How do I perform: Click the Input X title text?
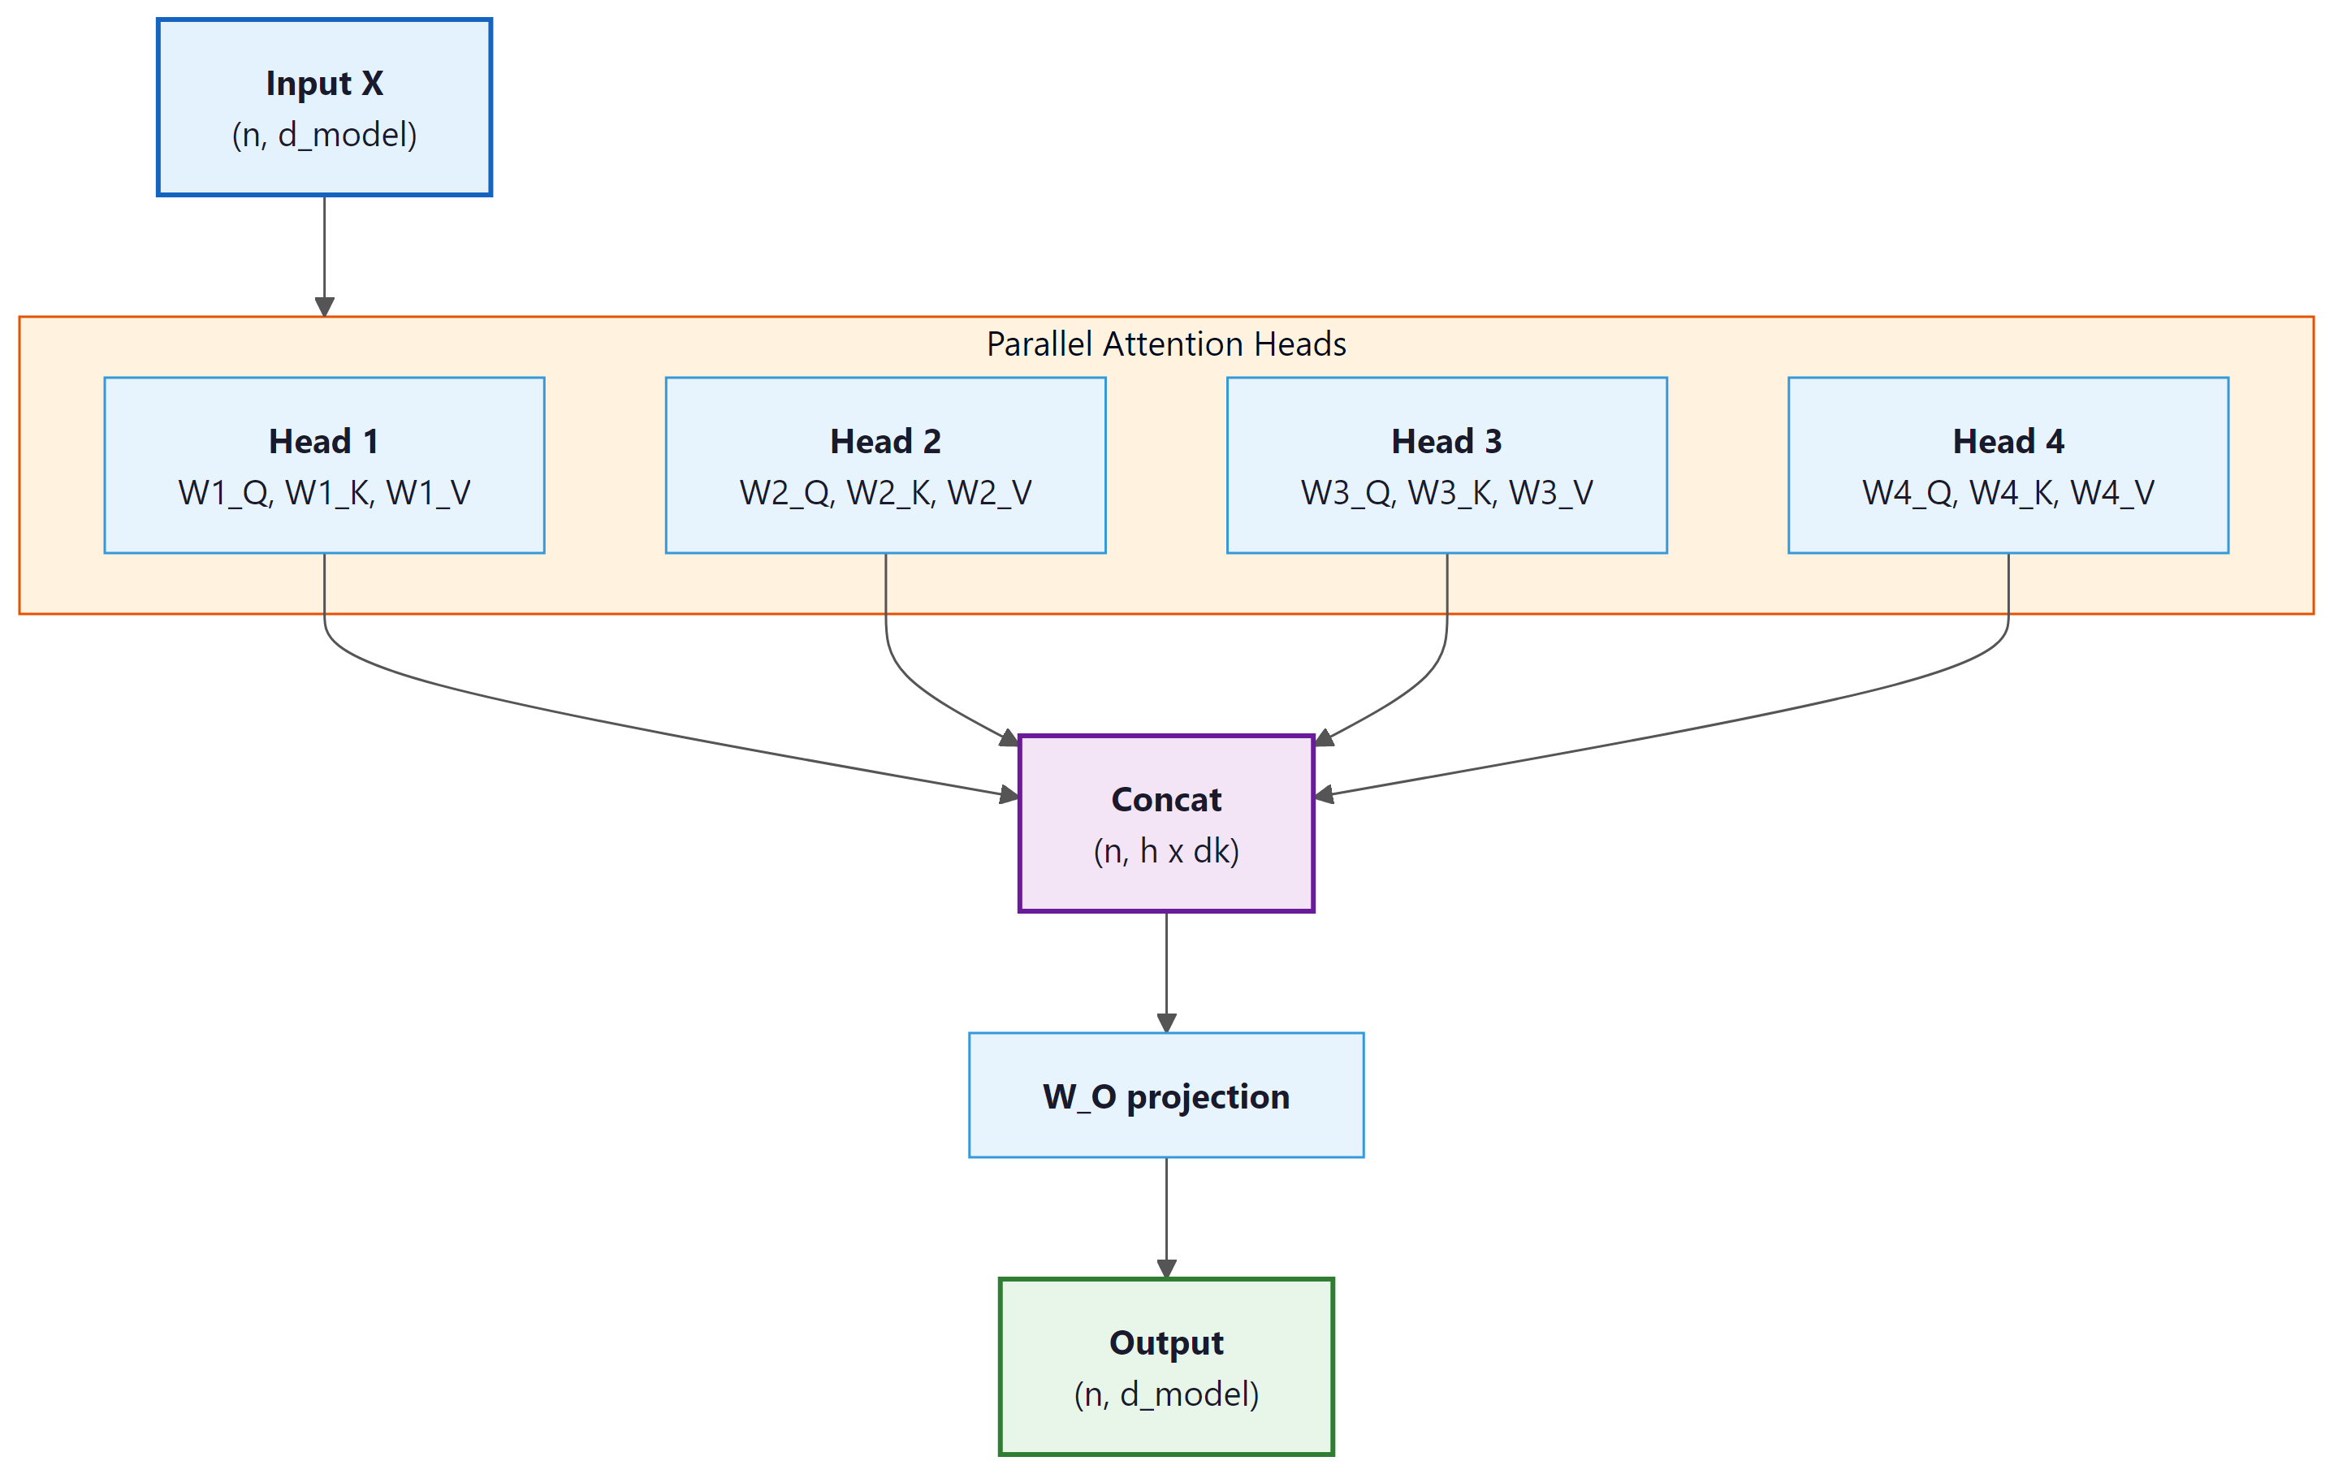click(324, 84)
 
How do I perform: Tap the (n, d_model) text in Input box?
click(324, 135)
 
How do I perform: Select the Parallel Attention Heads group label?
click(1166, 344)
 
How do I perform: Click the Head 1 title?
click(324, 442)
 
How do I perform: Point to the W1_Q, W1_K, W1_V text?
click(324, 493)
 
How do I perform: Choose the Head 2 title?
click(885, 442)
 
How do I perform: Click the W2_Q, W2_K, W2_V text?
click(885, 493)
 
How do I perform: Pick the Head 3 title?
click(1446, 442)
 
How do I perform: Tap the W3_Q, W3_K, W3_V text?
click(1446, 493)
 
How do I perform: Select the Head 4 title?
click(2008, 442)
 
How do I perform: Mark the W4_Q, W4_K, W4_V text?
click(2008, 493)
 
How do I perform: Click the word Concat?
click(1166, 799)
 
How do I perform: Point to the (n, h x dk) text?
click(1166, 851)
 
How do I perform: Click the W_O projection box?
click(1166, 1096)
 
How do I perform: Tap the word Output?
click(1166, 1342)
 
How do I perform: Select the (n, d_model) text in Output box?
click(1166, 1394)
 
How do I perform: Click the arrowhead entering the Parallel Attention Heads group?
click(325, 306)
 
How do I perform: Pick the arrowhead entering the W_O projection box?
click(1166, 1022)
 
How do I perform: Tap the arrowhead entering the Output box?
click(1166, 1269)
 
